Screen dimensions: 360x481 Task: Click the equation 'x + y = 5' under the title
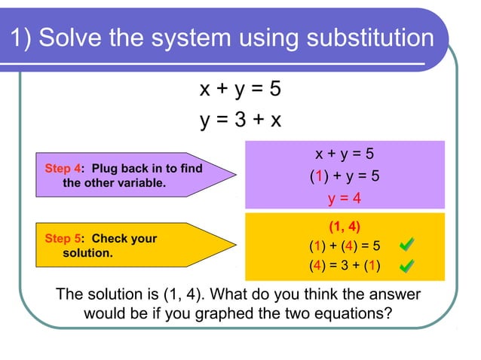pyautogui.click(x=240, y=90)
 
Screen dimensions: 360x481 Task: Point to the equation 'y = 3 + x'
pyautogui.click(x=240, y=120)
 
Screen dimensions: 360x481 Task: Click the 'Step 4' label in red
pyautogui.click(x=63, y=169)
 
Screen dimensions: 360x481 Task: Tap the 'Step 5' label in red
pyautogui.click(x=63, y=239)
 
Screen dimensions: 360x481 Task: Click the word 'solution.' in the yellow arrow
pyautogui.click(x=87, y=253)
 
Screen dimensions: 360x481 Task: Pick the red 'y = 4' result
pyautogui.click(x=344, y=198)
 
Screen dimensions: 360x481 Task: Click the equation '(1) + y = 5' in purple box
pyautogui.click(x=344, y=176)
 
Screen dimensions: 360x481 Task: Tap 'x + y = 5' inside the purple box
pyautogui.click(x=344, y=154)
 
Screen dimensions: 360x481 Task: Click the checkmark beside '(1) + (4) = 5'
pyautogui.click(x=406, y=245)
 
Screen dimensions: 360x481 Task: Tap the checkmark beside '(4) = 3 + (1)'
pyautogui.click(x=406, y=266)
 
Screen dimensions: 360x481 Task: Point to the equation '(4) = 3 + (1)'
pyautogui.click(x=344, y=266)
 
